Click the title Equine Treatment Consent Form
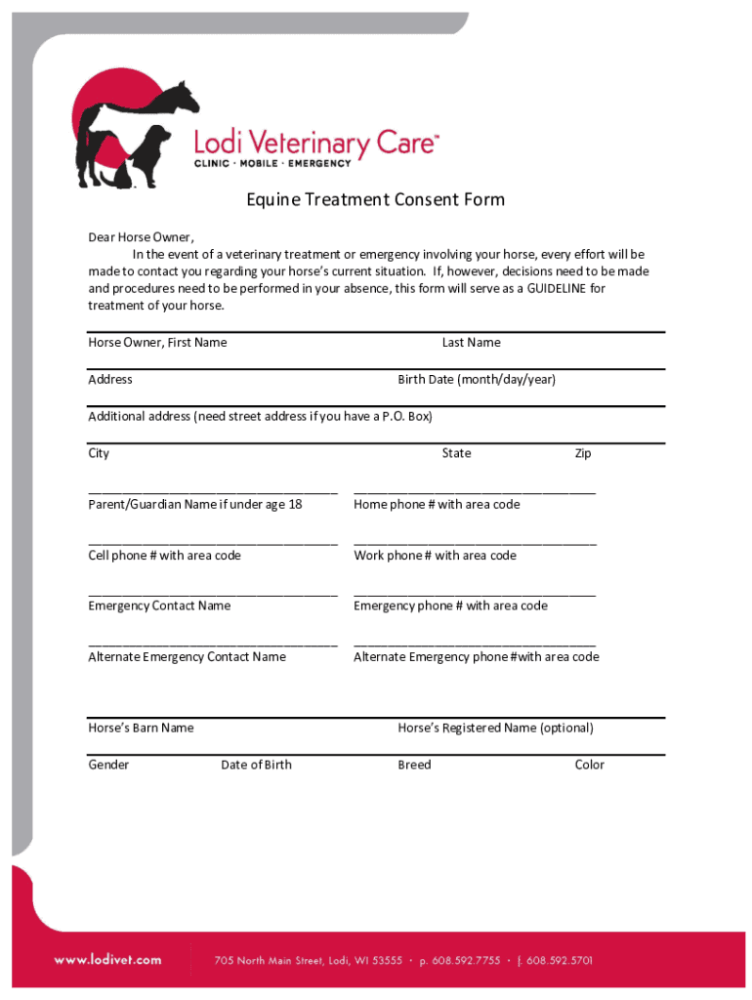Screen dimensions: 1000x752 point(375,200)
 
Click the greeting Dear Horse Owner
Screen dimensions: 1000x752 point(141,237)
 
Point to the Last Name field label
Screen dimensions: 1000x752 point(471,343)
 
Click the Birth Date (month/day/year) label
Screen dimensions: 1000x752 point(476,380)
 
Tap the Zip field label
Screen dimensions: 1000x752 point(582,453)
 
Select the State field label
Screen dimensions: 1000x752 point(456,453)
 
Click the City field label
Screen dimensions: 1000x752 point(99,453)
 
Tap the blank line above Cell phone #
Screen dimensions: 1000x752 point(213,543)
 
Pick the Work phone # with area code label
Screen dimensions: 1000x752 point(435,556)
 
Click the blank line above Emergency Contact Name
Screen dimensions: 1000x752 point(213,594)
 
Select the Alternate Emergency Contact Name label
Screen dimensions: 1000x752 point(187,657)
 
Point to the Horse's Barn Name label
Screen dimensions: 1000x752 point(141,729)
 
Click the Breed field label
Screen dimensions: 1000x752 point(414,766)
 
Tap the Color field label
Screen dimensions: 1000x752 point(589,766)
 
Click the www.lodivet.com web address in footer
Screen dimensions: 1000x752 point(107,960)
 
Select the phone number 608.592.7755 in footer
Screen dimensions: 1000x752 point(467,961)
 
